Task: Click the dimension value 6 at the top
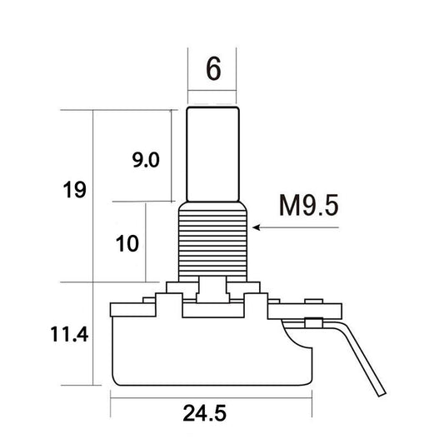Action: click(213, 68)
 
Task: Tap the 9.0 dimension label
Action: click(146, 160)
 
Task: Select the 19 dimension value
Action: click(74, 189)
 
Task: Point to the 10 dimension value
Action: click(127, 243)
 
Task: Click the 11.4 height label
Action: click(69, 334)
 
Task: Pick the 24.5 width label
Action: click(204, 413)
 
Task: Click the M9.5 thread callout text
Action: click(309, 205)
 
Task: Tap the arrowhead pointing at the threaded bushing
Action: click(257, 227)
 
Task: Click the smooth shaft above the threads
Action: click(213, 154)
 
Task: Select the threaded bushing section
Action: click(213, 242)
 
